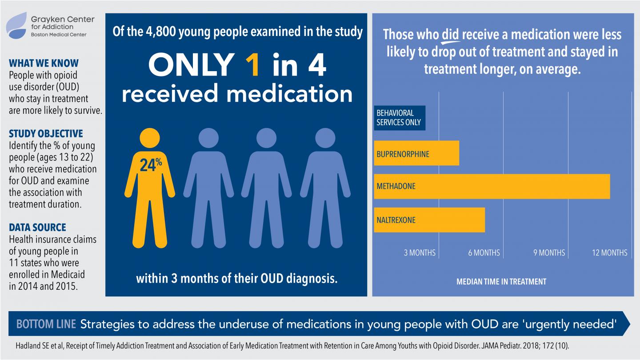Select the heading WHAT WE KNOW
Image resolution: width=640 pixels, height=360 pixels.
pos(44,63)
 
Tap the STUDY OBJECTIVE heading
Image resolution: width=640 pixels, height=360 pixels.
pos(46,134)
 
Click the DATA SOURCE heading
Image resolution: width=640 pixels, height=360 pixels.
pos(37,228)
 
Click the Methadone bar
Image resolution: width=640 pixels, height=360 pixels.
pos(492,186)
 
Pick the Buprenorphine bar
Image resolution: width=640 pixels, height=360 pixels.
pos(416,153)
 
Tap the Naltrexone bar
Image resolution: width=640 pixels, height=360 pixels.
pos(429,220)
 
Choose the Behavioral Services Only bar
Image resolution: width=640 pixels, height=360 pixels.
pos(399,118)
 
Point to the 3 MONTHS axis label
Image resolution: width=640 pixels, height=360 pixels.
pos(420,253)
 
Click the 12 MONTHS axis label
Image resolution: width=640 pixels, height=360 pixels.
pos(609,253)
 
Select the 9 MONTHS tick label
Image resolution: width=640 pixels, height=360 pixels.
pos(549,253)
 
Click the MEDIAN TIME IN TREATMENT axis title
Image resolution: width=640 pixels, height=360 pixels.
pos(501,281)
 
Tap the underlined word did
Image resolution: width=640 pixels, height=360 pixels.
pos(450,35)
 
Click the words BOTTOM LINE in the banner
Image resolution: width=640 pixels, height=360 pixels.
pos(46,324)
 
